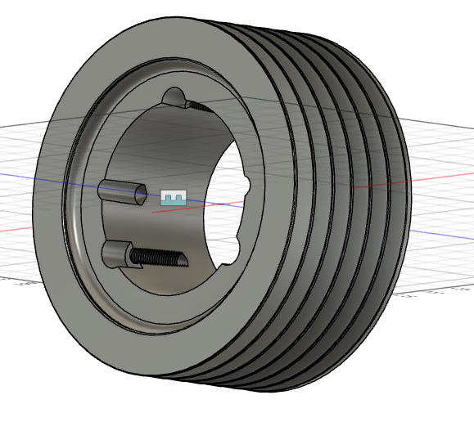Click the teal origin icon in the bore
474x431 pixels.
pyautogui.click(x=174, y=198)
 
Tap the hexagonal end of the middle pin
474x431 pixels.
pyautogui.click(x=142, y=194)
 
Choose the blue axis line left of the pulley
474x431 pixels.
pyautogui.click(x=16, y=174)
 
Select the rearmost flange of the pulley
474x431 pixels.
pyautogui.click(x=401, y=204)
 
